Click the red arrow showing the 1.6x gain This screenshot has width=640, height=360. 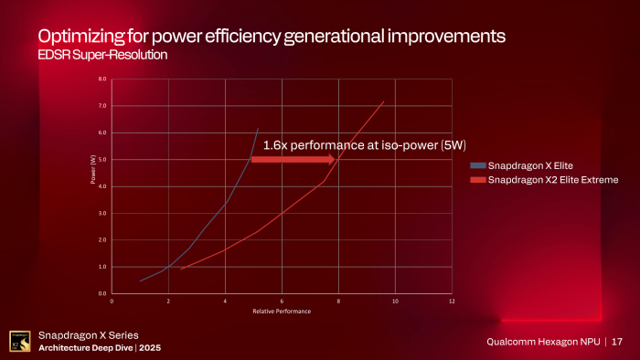coord(291,159)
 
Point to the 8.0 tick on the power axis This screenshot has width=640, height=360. coord(102,79)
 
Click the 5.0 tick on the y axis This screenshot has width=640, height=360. coord(102,160)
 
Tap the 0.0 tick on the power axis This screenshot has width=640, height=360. coord(102,293)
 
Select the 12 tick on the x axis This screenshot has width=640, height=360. coord(452,301)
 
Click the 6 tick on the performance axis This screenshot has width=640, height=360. coord(282,301)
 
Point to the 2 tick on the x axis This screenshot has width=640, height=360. coord(168,301)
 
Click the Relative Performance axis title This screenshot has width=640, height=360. coord(282,312)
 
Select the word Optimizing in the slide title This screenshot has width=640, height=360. coord(78,37)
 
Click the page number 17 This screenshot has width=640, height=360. coord(618,342)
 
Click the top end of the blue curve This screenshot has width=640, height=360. coord(258,129)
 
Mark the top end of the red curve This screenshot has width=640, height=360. coord(383,101)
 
